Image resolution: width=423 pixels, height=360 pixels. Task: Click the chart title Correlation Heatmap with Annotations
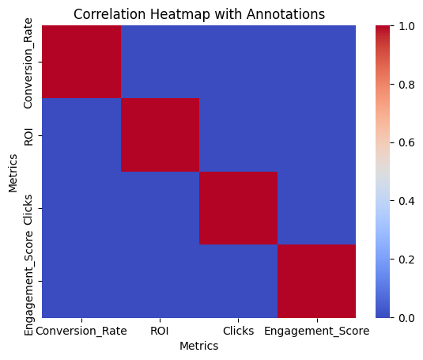(199, 14)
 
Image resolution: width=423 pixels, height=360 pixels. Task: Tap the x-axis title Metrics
(199, 346)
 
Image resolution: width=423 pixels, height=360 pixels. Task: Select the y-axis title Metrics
(13, 173)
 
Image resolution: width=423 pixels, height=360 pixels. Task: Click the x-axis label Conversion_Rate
(81, 332)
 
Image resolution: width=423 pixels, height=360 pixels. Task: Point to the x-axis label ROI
(160, 331)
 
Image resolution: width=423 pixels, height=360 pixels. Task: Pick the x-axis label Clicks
(239, 331)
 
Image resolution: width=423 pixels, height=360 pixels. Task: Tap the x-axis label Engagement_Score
(317, 332)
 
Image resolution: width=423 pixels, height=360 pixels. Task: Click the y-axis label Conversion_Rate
(28, 63)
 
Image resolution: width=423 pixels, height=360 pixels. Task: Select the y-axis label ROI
(28, 137)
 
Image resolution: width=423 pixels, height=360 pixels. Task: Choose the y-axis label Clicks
(28, 210)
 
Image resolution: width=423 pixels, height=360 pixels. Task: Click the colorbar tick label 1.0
(406, 26)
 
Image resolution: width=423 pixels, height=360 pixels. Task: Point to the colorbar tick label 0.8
(406, 85)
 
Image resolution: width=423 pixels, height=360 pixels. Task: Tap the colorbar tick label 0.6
(406, 142)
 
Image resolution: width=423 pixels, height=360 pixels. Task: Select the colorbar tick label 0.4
(406, 201)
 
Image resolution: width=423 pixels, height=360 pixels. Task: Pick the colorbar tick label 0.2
(406, 260)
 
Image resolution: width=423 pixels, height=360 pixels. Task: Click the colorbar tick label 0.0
(406, 318)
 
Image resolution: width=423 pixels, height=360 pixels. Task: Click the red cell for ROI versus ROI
(160, 135)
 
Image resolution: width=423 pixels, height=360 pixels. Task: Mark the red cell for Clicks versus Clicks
(239, 208)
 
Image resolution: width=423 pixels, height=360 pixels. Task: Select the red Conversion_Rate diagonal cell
(81, 62)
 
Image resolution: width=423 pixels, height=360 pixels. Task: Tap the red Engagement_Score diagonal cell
(317, 281)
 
